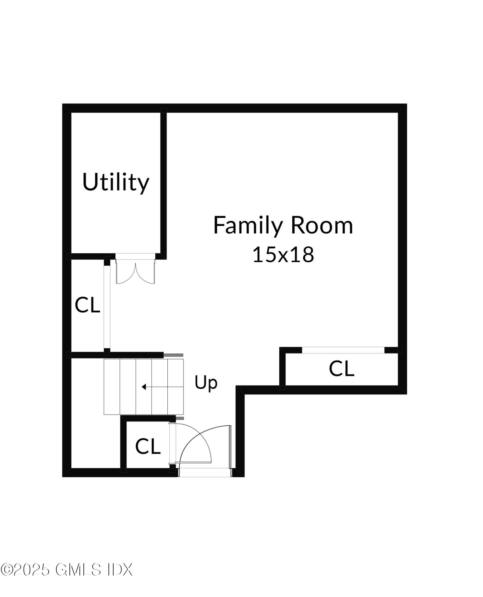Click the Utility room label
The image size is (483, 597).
[116, 182]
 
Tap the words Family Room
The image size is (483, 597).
[283, 226]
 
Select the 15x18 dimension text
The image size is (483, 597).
[283, 255]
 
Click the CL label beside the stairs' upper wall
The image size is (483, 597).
[87, 305]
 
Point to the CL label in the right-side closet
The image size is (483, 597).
[341, 369]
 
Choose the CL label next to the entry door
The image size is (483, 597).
[148, 447]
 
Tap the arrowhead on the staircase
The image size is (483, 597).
[144, 387]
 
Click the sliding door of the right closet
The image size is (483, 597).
[343, 350]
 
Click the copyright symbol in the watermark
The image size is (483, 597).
[6, 570]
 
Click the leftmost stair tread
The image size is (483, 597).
[112, 387]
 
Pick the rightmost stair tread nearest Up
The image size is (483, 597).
[176, 387]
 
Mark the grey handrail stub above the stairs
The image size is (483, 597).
[173, 355]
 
